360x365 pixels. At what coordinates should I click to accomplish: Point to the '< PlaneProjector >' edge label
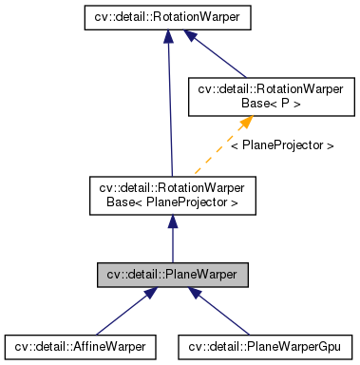click(281, 146)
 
